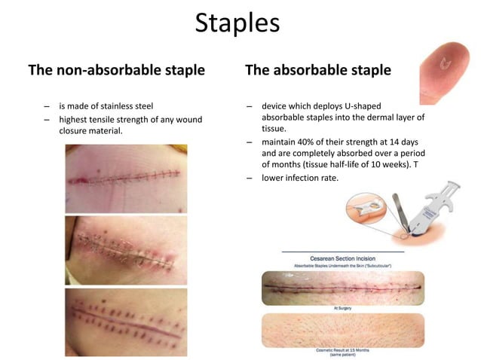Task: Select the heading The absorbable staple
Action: pos(318,71)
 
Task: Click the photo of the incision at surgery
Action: pos(345,288)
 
